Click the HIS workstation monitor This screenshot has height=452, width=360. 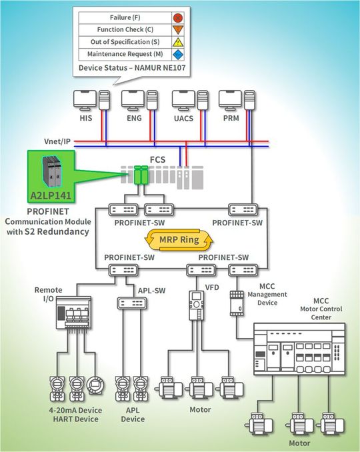click(x=84, y=99)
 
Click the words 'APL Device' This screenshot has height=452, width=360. click(x=132, y=415)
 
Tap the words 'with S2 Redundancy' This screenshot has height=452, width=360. click(x=47, y=231)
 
